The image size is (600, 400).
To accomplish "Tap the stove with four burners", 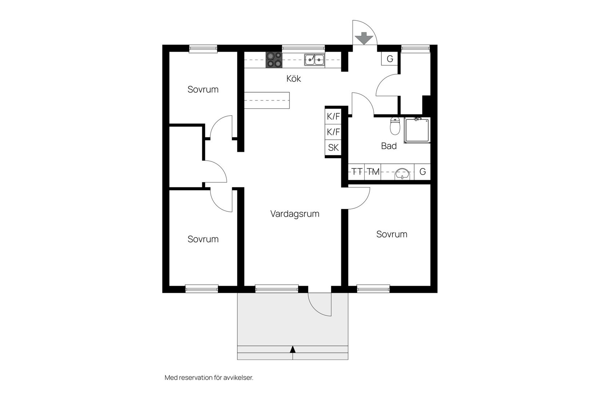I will pos(274,60).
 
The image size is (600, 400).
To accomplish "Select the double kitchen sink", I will pos(315,60).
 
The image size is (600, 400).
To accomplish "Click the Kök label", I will pos(293,79).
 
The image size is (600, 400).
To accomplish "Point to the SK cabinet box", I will pos(333,148).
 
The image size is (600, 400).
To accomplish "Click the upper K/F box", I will pos(333,117).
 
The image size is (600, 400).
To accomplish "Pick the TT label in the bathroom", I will pos(357,172).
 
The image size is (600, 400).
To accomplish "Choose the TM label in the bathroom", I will pos(373,172).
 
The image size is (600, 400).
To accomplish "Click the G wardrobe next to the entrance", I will pos(390,59).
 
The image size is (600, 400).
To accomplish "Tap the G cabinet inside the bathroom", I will pos(423,172).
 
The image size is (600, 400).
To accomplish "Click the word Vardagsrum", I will pos(295,214).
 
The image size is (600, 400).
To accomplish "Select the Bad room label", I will pos(389,146).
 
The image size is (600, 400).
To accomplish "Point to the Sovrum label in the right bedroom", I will pos(392,234).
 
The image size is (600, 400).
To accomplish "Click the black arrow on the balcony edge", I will pos(293,349).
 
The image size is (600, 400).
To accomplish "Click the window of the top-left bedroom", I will pos(203,48).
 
